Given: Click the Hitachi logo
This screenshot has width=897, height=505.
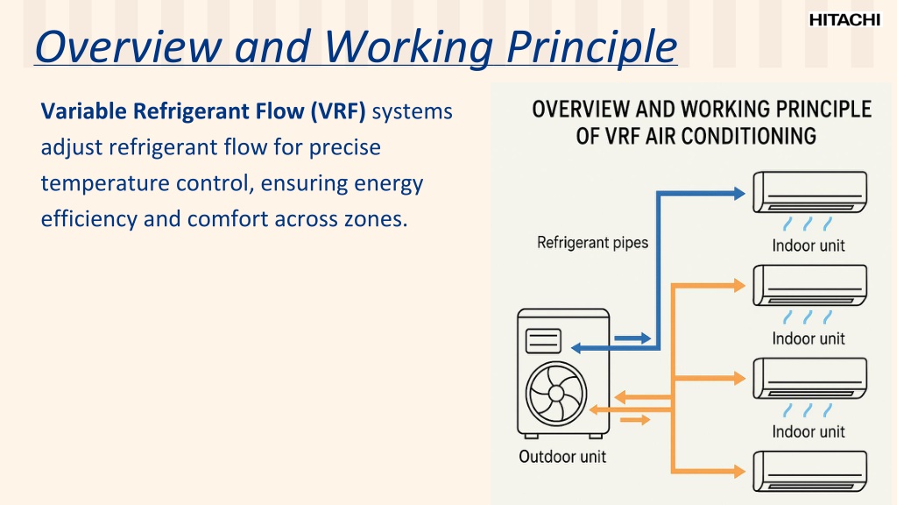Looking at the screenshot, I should coord(844,20).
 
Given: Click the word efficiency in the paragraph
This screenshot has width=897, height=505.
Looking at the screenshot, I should coord(88,219).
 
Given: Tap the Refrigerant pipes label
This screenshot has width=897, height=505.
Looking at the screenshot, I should coord(592,242).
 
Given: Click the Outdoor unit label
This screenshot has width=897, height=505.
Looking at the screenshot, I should coord(562,456).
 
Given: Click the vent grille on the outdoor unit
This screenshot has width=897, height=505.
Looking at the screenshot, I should coord(544,340).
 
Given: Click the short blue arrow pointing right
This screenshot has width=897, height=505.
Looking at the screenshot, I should coord(632,338).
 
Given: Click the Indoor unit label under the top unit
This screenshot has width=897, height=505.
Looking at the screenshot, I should coord(808,245).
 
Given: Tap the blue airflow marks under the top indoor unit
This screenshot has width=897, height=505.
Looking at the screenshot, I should coord(808,222).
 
